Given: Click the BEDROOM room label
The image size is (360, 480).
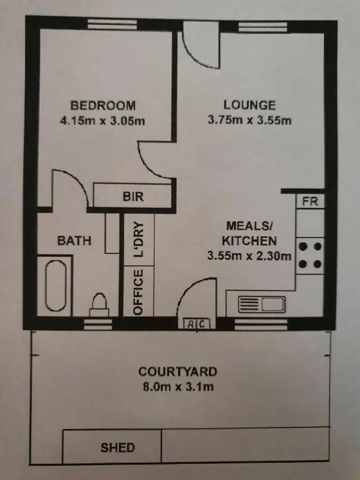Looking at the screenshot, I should coord(103,105).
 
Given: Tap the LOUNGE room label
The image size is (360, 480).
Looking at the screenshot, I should coord(250,105).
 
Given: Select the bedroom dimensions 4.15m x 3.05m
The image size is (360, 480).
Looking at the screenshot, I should coord(102,121).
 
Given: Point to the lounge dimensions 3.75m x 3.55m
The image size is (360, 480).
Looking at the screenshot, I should coord(250,120).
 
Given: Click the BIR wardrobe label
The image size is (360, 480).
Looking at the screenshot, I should coord(133,197).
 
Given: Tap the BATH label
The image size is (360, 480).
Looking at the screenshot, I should coord(74,240).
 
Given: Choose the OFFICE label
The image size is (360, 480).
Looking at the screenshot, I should coord(139,292).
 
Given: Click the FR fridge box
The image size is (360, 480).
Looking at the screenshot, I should coord(310,201).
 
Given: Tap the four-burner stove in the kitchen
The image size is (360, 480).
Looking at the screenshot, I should coord(310,256).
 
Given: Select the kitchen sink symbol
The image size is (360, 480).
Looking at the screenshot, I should coord(262,305).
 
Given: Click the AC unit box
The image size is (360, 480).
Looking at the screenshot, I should coord(197,324).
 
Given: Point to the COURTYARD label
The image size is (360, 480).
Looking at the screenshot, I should coord(178,371).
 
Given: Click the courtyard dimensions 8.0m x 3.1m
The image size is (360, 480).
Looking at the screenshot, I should coord(178,386).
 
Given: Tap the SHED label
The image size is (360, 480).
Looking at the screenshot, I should coord(118,448).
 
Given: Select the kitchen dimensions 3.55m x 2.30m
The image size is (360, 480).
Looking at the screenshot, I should coord(250,256).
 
